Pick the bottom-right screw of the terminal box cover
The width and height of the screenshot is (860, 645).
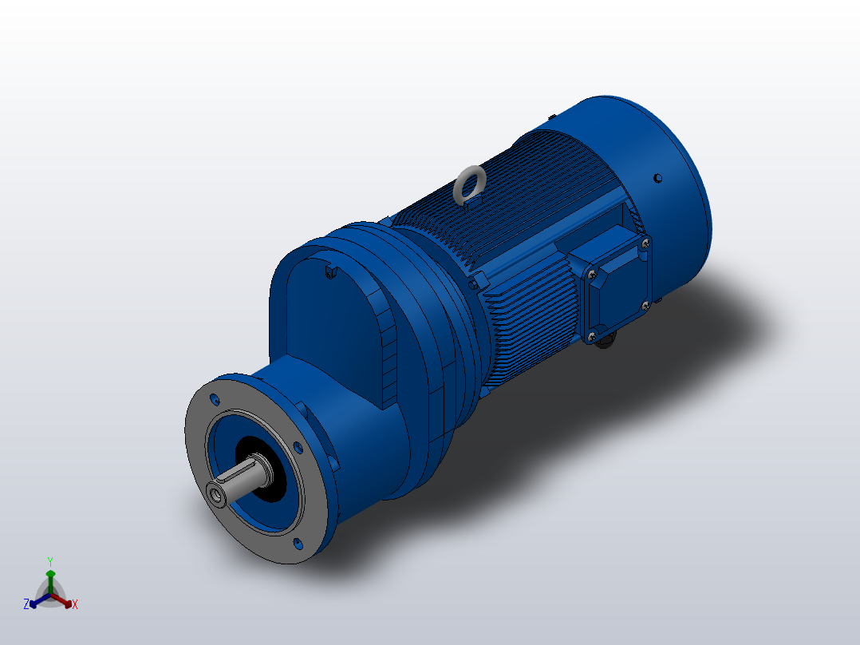click(x=645, y=305)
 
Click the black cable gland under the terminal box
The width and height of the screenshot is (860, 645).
click(x=607, y=343)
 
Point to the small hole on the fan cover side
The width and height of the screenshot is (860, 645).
click(x=657, y=177)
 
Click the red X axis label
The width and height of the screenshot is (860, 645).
click(x=74, y=605)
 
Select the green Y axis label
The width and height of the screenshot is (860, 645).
click(x=49, y=561)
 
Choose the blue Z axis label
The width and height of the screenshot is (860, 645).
click(x=26, y=605)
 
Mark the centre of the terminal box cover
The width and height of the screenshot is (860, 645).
click(x=617, y=288)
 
